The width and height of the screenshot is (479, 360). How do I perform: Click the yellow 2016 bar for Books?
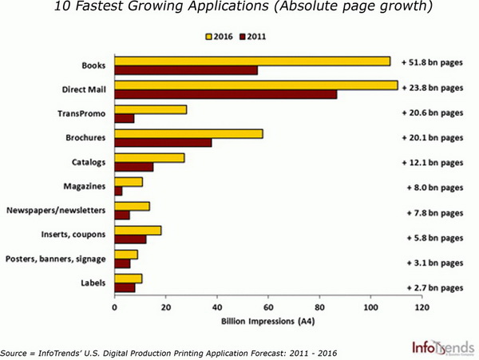tap(252, 61)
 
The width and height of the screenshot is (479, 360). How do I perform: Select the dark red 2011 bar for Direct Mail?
tap(226, 94)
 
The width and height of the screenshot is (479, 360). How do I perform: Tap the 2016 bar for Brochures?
tap(188, 133)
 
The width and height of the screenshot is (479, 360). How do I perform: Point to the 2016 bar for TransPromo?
tap(150, 109)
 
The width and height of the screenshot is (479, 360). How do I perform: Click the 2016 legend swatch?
tap(209, 36)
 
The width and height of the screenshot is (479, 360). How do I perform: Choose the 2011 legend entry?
tap(255, 36)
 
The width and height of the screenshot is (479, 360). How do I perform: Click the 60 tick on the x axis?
tap(268, 307)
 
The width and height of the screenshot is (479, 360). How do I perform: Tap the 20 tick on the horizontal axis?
tap(166, 307)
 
